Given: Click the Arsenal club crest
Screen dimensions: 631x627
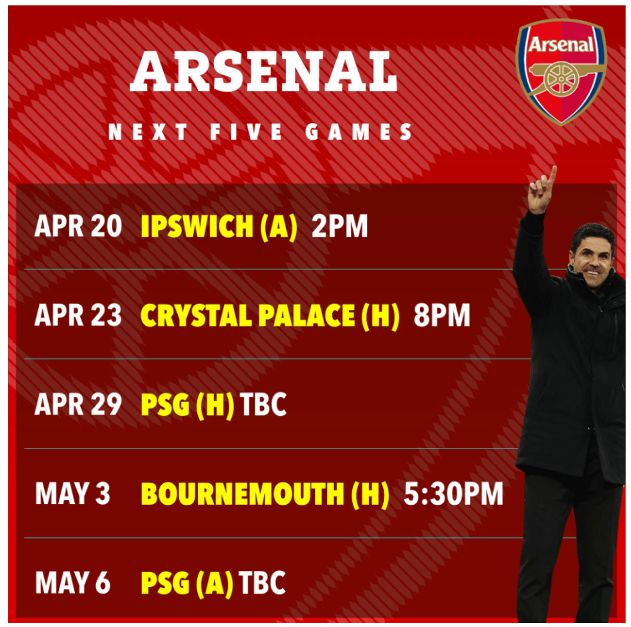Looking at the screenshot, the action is tap(561, 72).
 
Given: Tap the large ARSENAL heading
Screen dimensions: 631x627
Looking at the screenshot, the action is tap(264, 72).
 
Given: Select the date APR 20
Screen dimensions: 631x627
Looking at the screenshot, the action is tap(78, 226).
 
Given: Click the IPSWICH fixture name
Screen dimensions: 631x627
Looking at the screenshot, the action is tap(197, 226).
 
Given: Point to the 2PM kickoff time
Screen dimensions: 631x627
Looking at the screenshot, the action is tap(340, 226).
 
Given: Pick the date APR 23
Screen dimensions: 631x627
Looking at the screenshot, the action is tap(78, 315).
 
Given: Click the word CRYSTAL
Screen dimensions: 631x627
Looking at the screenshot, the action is tap(196, 315).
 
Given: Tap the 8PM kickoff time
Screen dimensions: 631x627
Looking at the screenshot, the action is tap(442, 315).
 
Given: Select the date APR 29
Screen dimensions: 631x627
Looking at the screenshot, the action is tap(78, 404).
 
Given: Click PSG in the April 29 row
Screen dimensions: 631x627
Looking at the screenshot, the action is tap(165, 404).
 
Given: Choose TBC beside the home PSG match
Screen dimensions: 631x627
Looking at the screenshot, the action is tap(263, 404).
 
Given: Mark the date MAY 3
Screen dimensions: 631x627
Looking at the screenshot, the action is tap(72, 494).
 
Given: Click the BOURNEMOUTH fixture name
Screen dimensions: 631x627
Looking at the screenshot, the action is tap(242, 494).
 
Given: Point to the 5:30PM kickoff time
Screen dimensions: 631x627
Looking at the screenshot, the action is tap(453, 494).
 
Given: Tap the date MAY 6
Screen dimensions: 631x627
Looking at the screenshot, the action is tap(72, 583).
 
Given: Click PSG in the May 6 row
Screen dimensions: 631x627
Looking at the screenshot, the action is tap(165, 583).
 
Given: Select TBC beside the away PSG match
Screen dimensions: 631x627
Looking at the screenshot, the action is tap(262, 583).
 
